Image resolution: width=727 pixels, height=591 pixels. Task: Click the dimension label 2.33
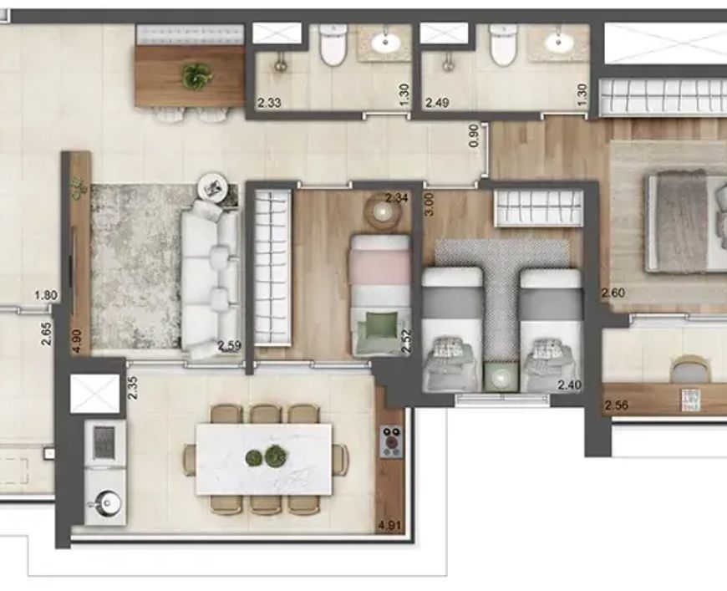(x=269, y=102)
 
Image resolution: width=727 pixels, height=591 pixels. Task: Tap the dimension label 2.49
(x=437, y=102)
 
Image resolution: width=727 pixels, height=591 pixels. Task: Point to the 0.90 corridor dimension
(x=473, y=135)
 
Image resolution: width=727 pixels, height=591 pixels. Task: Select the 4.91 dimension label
(x=389, y=527)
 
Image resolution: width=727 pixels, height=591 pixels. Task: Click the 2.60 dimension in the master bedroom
(x=613, y=293)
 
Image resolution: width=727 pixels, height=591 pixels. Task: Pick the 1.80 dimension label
(x=46, y=295)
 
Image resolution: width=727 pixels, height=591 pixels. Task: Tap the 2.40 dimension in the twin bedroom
(x=570, y=385)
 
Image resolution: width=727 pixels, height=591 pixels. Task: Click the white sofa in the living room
(x=211, y=279)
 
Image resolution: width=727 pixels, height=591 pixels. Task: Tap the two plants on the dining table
(x=265, y=457)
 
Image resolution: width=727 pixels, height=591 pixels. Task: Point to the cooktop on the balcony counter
(x=392, y=442)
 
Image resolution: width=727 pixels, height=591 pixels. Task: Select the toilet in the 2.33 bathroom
(x=333, y=45)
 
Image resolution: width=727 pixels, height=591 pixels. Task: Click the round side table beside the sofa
(x=214, y=188)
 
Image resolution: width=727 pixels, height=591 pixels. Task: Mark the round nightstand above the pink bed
(x=382, y=212)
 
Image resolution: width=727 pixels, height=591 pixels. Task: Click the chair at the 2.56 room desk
(x=691, y=369)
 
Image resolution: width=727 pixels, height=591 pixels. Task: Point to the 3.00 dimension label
(x=430, y=204)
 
